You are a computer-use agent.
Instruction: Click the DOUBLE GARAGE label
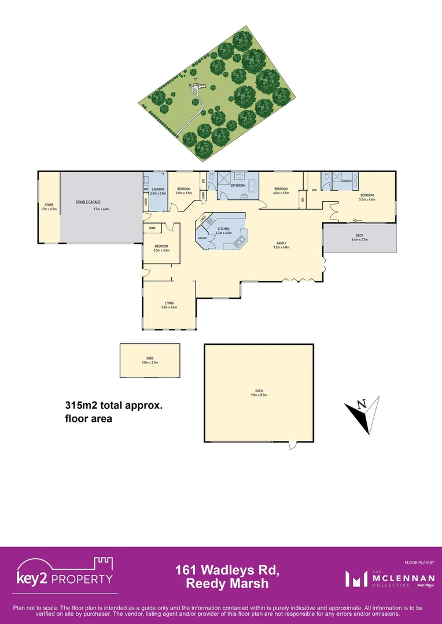(x=84, y=202)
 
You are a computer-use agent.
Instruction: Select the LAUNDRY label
(x=159, y=189)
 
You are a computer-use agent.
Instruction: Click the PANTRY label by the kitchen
(x=202, y=238)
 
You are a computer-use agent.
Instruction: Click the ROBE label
(x=152, y=228)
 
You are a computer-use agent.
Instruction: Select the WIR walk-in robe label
(x=314, y=190)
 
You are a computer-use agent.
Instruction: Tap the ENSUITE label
(x=347, y=181)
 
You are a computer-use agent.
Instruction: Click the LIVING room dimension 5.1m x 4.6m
(x=170, y=307)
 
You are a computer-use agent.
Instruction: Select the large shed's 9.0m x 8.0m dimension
(x=259, y=395)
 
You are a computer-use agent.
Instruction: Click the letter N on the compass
(x=362, y=403)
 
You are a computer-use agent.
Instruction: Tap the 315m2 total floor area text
(x=113, y=406)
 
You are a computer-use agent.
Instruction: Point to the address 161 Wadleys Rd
(x=227, y=571)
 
